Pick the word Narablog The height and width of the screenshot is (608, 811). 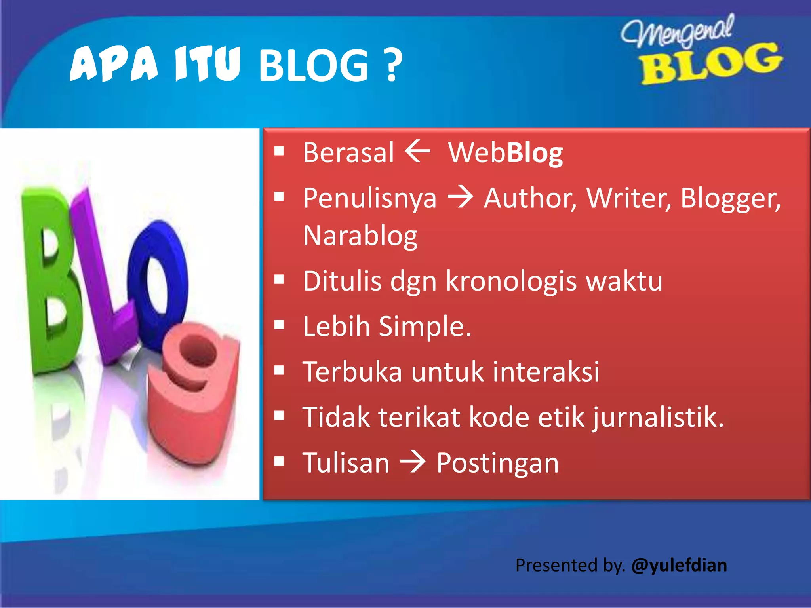(x=360, y=236)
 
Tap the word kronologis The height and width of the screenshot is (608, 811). (x=511, y=281)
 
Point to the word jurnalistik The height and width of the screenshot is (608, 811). (x=658, y=418)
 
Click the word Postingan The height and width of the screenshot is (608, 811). (x=497, y=463)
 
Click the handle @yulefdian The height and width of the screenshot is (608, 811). (x=679, y=565)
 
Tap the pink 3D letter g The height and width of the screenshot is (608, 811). (x=194, y=392)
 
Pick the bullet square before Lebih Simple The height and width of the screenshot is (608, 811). (x=279, y=325)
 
